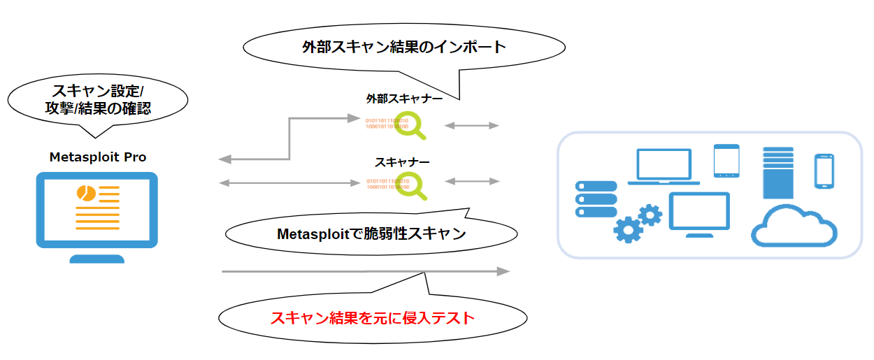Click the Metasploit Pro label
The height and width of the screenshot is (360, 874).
(x=98, y=157)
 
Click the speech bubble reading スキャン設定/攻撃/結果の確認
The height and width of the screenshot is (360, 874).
(x=98, y=99)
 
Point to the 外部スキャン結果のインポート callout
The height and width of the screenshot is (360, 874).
(x=403, y=48)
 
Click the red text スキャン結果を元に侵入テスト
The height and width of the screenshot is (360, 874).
(x=372, y=319)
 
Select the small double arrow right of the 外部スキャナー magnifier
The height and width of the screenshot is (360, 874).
(x=472, y=126)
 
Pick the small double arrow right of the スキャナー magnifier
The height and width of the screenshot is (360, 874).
(x=472, y=182)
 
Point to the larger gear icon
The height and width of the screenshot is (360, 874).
(x=628, y=229)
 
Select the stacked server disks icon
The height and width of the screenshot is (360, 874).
(x=596, y=199)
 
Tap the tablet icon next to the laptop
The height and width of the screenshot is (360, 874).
(x=726, y=161)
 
